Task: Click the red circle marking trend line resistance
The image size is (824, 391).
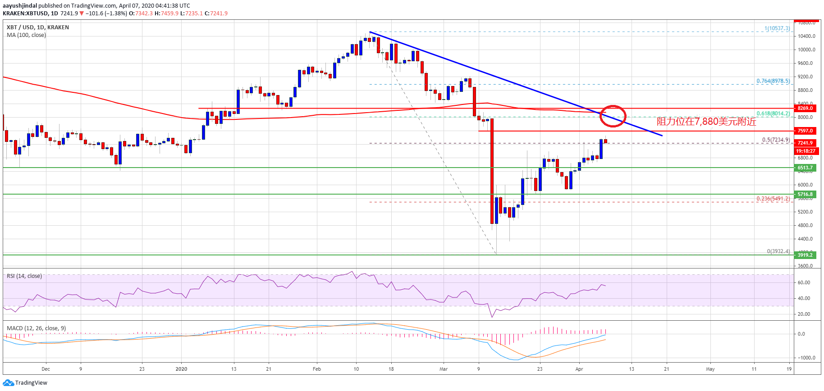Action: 613,116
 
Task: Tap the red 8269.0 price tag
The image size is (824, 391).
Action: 805,108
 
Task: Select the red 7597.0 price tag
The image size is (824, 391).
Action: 805,131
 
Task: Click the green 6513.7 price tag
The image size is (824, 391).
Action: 805,168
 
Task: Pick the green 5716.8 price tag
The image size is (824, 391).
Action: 805,194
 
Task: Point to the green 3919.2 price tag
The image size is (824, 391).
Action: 805,255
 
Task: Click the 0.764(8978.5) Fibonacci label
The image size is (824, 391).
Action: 773,81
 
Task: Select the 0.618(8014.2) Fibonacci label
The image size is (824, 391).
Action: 773,114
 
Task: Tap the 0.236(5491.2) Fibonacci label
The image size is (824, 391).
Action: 773,199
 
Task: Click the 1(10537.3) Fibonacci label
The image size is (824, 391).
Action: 777,28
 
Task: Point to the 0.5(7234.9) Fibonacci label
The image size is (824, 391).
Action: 776,140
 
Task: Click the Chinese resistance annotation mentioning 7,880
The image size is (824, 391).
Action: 706,122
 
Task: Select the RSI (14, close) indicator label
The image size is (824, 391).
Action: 24,276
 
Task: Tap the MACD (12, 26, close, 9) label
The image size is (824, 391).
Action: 36,328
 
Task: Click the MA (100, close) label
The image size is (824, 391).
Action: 26,35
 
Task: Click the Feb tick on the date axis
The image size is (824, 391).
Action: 317,369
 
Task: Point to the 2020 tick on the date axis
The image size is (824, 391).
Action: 181,369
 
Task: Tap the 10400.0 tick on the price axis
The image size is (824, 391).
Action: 806,36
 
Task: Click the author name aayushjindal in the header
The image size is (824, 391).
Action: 20,6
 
